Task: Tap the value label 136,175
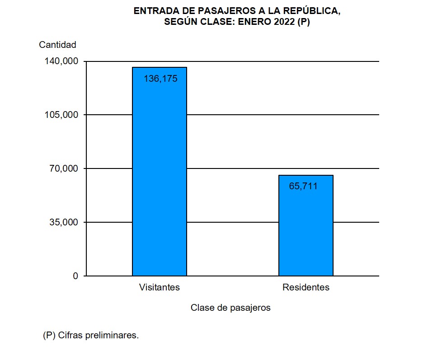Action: click(160, 79)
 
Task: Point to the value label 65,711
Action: click(303, 186)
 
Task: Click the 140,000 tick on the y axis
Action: click(61, 61)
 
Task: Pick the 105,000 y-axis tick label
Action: click(61, 115)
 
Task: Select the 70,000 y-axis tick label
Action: click(64, 168)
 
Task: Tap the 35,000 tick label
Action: click(64, 222)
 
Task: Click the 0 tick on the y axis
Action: click(75, 276)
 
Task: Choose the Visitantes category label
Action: click(160, 287)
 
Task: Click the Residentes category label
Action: click(306, 287)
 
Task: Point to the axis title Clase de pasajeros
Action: click(230, 308)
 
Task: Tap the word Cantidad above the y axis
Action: click(57, 45)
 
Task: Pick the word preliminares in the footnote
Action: click(113, 336)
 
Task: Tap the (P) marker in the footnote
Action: click(49, 336)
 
